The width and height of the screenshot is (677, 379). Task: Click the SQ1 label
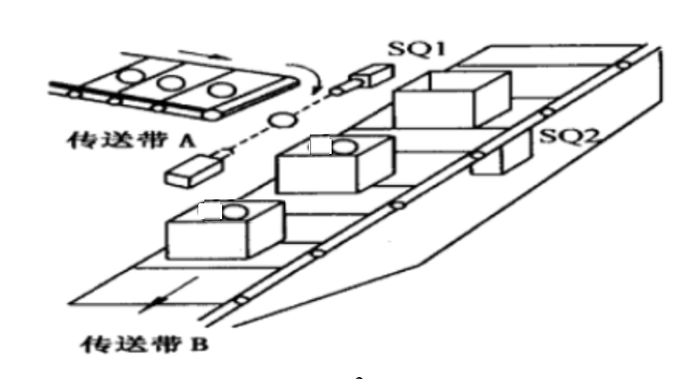(x=416, y=48)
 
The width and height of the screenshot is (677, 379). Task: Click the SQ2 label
(x=569, y=136)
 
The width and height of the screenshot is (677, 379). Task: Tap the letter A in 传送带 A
(x=187, y=140)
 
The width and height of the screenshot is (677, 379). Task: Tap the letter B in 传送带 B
(x=199, y=344)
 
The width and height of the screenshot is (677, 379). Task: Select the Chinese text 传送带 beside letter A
(x=117, y=140)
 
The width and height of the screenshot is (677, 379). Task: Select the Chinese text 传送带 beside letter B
(x=131, y=344)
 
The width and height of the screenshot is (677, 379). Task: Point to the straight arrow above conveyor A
(x=205, y=55)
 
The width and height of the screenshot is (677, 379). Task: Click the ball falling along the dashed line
(x=283, y=119)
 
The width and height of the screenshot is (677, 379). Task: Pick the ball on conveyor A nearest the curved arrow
(x=221, y=90)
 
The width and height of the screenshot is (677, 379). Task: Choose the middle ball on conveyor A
(x=170, y=83)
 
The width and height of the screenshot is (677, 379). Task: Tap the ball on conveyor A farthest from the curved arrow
(x=130, y=76)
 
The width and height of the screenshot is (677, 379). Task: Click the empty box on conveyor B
(x=452, y=100)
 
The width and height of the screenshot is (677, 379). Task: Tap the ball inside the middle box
(x=343, y=147)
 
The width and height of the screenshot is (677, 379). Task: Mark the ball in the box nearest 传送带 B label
(x=235, y=212)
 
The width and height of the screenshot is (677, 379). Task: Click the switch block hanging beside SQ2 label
(x=501, y=155)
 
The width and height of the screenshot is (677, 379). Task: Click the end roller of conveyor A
(x=212, y=114)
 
